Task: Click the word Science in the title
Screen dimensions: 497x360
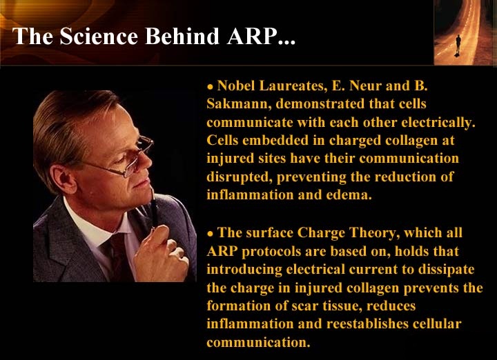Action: click(x=99, y=36)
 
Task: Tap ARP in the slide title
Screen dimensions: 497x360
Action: click(x=251, y=36)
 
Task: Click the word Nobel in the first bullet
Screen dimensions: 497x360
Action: click(x=236, y=86)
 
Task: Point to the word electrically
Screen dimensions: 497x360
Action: click(x=438, y=123)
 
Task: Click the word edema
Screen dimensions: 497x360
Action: click(x=349, y=194)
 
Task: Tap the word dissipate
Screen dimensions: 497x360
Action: click(x=447, y=270)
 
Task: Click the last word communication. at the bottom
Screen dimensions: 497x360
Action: click(x=258, y=342)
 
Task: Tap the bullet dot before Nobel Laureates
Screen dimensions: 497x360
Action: click(x=210, y=87)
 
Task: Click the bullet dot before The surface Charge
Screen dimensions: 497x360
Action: click(x=210, y=234)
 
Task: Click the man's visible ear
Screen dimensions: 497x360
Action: click(x=64, y=179)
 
